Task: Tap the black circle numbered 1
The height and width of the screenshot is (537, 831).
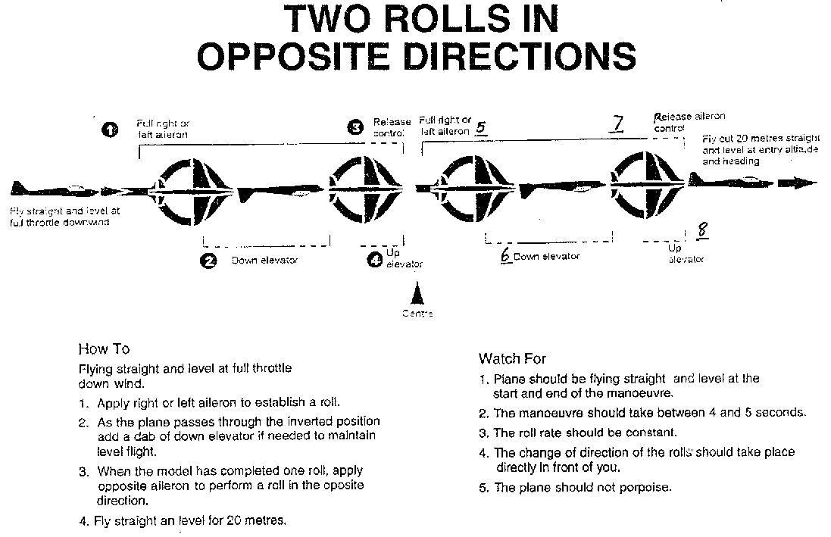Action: click(110, 130)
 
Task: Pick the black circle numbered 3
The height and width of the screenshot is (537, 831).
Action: click(354, 127)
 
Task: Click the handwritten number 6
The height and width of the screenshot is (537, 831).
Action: click(505, 256)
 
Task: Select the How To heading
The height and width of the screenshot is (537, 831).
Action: click(104, 349)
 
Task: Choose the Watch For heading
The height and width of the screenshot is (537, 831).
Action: click(512, 358)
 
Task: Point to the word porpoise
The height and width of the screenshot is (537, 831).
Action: click(645, 488)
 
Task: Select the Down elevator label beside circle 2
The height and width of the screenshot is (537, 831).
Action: click(264, 261)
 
